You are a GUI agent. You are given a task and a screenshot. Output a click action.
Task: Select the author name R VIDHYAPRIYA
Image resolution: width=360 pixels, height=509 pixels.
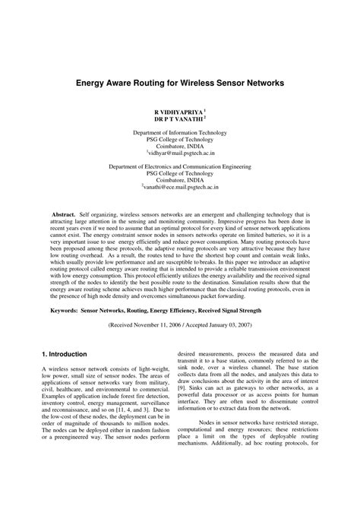[178, 111]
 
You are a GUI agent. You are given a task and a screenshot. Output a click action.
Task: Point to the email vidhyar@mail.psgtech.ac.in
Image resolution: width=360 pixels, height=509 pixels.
[182, 153]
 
